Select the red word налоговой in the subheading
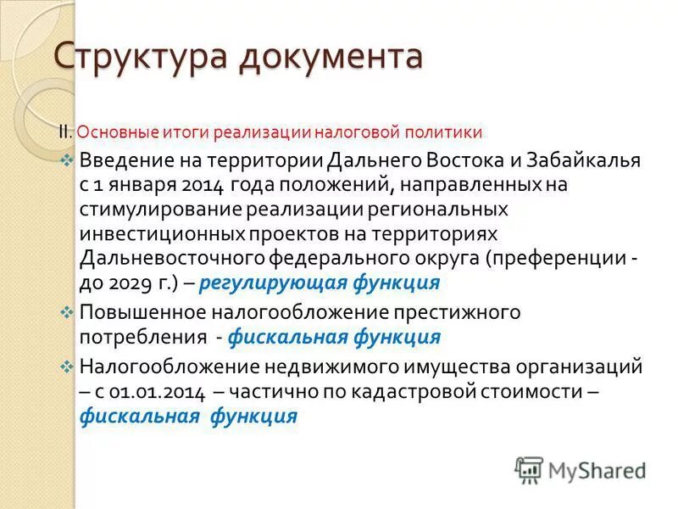click(x=356, y=133)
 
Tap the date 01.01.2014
click(x=164, y=392)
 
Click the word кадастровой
click(x=446, y=392)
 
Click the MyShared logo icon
click(x=529, y=468)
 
